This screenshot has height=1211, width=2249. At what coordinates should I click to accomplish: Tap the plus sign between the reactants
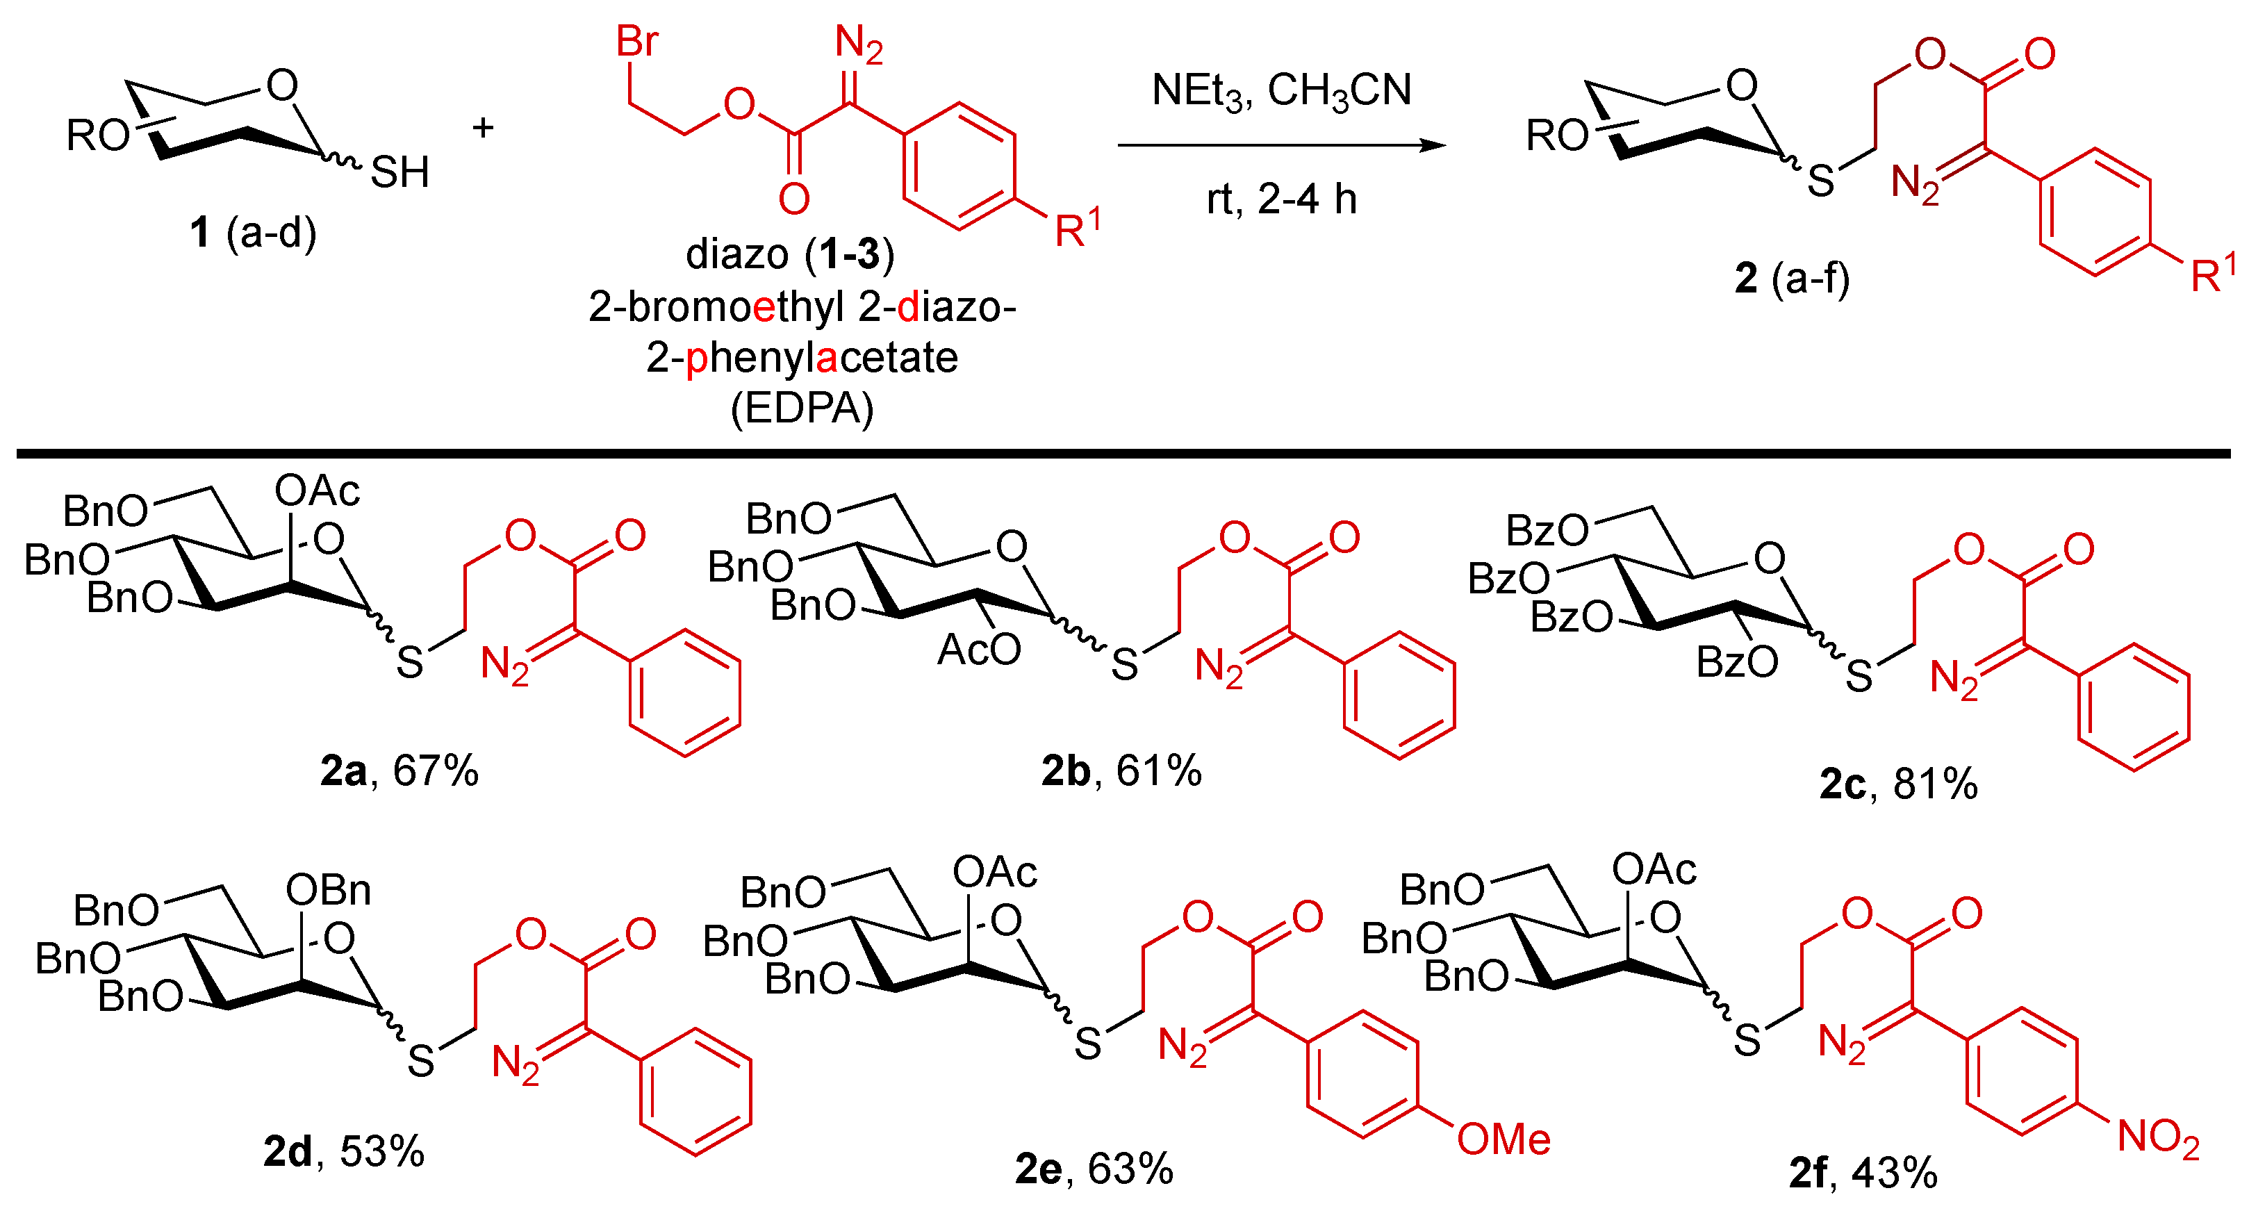coord(483,129)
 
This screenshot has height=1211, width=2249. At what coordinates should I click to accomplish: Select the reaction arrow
coord(1282,146)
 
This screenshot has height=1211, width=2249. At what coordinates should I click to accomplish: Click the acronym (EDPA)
coord(802,408)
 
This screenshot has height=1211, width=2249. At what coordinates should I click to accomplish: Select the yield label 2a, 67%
coord(399,771)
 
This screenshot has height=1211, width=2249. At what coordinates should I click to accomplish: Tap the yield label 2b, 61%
coord(1121,771)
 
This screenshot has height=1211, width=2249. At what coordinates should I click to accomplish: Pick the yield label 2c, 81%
coord(1898,783)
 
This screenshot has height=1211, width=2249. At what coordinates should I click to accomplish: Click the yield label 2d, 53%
coord(343,1152)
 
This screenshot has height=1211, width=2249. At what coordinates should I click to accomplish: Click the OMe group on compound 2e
coord(1504,1139)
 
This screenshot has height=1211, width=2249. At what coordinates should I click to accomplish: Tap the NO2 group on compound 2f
coord(2158,1137)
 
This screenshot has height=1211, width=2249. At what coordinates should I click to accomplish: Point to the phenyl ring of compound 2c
coord(2134,707)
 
